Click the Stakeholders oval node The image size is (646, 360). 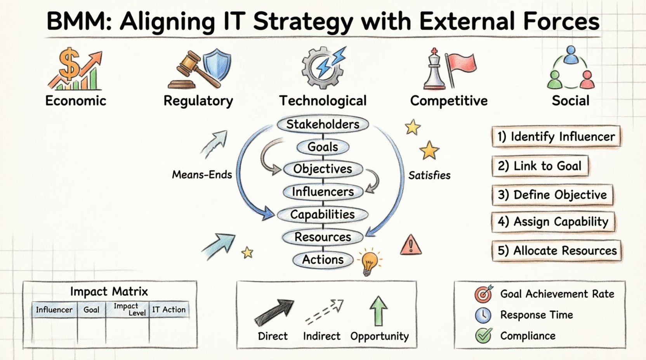tap(323, 125)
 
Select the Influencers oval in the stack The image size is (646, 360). tap(323, 192)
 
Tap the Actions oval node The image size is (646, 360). tap(323, 260)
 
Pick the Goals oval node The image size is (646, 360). tap(323, 147)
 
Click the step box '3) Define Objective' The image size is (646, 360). tap(552, 195)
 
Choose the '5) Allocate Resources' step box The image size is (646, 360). tap(556, 251)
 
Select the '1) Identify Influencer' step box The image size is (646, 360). tap(556, 137)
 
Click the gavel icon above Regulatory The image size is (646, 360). tap(195, 71)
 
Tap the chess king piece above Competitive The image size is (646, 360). tap(434, 69)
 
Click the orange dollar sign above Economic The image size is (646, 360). tap(69, 64)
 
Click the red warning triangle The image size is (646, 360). tap(411, 245)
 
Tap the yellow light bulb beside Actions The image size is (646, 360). tap(370, 262)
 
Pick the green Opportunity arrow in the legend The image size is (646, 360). tap(379, 311)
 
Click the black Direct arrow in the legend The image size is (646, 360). tap(274, 313)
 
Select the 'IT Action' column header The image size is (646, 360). tap(169, 310)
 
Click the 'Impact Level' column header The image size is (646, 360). tap(127, 310)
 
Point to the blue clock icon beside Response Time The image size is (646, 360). tap(483, 315)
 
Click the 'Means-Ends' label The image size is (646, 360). tap(202, 175)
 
